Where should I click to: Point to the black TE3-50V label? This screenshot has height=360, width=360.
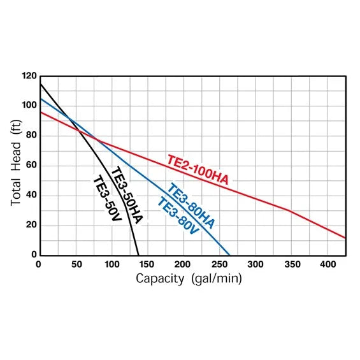click(x=107, y=198)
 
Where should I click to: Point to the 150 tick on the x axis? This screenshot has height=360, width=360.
click(x=147, y=264)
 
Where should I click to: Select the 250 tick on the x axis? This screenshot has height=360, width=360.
click(x=220, y=264)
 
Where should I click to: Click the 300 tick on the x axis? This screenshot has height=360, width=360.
click(x=256, y=264)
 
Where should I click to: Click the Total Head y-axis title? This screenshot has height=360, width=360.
click(x=17, y=165)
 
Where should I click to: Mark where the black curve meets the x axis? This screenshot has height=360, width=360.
click(x=138, y=255)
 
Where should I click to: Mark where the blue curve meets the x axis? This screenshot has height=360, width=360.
click(x=229, y=255)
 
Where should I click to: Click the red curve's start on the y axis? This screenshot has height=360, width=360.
click(x=40, y=112)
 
